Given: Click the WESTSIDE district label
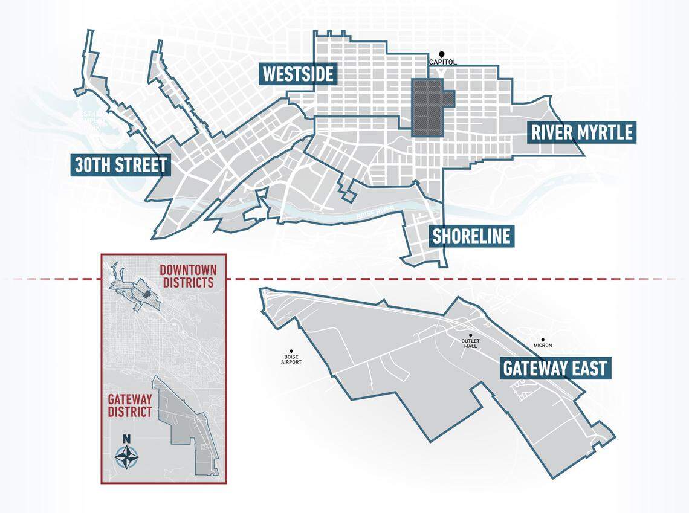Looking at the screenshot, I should coord(297,74).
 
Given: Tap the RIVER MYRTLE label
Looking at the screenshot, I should coord(581,132).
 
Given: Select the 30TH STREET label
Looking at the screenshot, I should coord(120,165).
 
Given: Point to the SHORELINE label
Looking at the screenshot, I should coord(471,236).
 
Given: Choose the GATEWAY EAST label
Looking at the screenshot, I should coord(555,367).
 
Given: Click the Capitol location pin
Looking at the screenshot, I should coord(442,54).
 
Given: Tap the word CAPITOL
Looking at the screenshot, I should coord(442,62).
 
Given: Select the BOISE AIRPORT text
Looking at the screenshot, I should coord(292,360).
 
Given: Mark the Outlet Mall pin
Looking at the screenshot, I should coord(470,335).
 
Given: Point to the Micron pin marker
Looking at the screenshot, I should coord(543,340).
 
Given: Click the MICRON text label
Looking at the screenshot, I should coord(543,346).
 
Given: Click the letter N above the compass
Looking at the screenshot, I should coord(126,439).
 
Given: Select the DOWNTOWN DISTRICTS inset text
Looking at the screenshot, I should coord(187,276).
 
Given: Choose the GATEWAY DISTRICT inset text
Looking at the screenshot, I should coord(129,405).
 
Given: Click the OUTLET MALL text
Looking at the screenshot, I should coord(470,344).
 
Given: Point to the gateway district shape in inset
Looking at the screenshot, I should coord(187,423).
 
